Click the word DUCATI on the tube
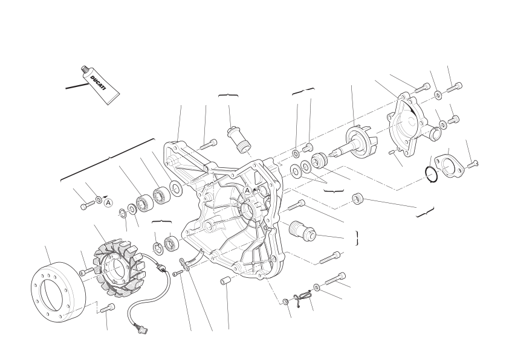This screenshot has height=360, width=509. (98, 83)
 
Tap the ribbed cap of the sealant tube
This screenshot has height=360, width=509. (85, 69)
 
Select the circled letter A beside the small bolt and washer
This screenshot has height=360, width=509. (108, 203)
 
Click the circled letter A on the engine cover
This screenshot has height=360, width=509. (248, 191)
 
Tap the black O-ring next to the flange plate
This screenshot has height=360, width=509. (431, 175)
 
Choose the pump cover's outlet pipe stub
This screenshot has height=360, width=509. (435, 132)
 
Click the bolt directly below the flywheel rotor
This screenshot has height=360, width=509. (108, 307)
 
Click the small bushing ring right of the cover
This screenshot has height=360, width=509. (358, 199)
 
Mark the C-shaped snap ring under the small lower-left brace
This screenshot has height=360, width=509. (157, 247)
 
